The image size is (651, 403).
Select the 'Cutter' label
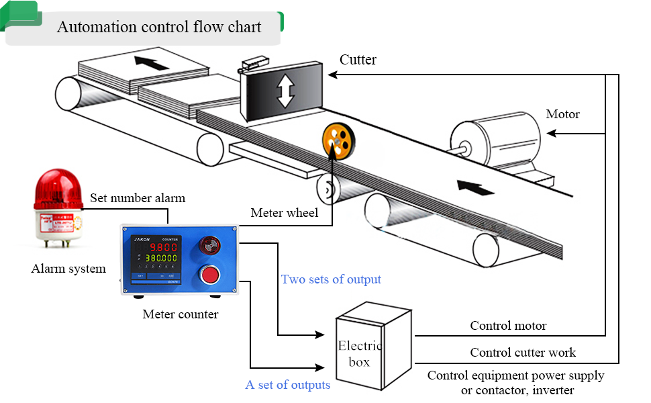click(358, 60)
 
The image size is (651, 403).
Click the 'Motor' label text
click(562, 114)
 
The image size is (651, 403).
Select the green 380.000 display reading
click(162, 258)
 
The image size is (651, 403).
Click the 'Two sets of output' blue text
click(331, 279)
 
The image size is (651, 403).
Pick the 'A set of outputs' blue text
click(288, 385)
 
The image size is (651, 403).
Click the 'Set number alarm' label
click(138, 198)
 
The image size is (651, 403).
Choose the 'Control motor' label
click(508, 326)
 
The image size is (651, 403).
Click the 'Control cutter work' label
click(523, 352)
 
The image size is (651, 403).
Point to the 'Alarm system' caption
click(68, 269)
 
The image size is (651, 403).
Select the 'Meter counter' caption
click(180, 314)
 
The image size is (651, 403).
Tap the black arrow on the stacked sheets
click(151, 64)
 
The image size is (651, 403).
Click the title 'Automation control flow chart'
click(159, 28)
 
